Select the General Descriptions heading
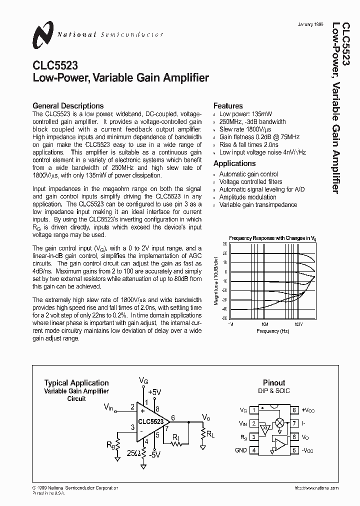click(68, 106)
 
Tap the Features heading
click(228, 106)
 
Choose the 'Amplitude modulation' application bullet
click(248, 197)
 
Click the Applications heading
click(234, 163)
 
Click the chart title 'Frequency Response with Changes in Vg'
click(273, 238)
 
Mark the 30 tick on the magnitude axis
click(225, 244)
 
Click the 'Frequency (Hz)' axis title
click(273, 331)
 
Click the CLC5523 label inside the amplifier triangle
click(150, 421)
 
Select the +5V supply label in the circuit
click(154, 392)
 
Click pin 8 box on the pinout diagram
click(294, 410)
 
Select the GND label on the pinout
click(241, 449)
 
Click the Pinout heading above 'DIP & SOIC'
click(273, 382)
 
